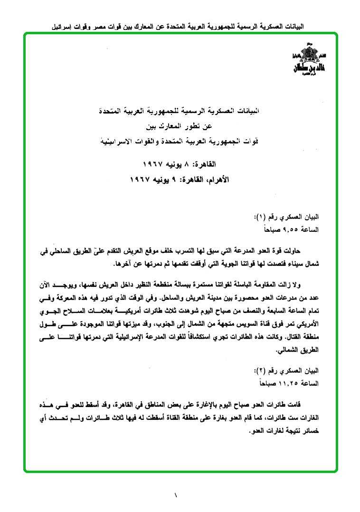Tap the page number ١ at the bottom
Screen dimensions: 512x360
click(x=176, y=495)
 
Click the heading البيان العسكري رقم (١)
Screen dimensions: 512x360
click(x=287, y=217)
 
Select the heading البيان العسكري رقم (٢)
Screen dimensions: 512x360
click(x=287, y=370)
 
